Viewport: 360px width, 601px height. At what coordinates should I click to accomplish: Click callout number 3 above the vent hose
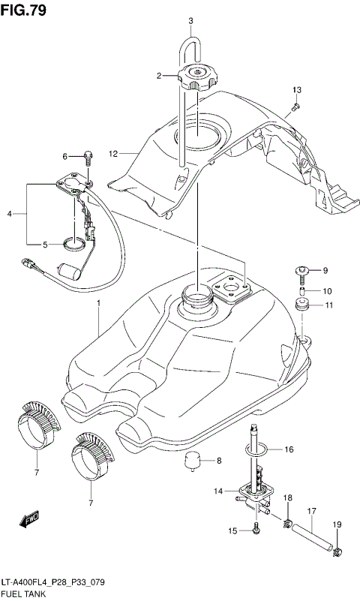tap(190, 20)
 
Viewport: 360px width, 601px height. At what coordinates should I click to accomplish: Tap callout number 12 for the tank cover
tap(113, 154)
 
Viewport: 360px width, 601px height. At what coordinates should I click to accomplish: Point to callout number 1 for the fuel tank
tap(97, 303)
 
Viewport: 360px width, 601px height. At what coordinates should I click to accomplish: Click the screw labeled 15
tap(256, 531)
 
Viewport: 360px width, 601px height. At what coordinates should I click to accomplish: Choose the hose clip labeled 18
tap(287, 520)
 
